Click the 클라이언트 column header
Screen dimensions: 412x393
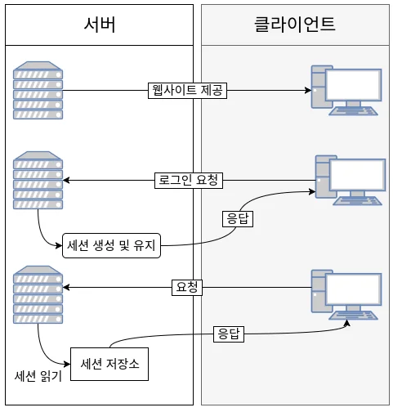point(295,24)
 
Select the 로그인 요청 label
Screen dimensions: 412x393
point(188,180)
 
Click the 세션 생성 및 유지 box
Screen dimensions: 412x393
point(111,244)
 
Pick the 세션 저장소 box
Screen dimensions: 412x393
point(110,364)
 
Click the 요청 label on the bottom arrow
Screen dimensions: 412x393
point(188,287)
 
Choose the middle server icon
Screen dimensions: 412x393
point(31,179)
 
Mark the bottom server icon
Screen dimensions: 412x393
point(31,290)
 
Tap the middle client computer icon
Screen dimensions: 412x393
point(349,178)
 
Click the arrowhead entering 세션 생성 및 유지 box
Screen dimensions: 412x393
point(59,244)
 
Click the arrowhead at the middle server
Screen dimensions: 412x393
point(67,180)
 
